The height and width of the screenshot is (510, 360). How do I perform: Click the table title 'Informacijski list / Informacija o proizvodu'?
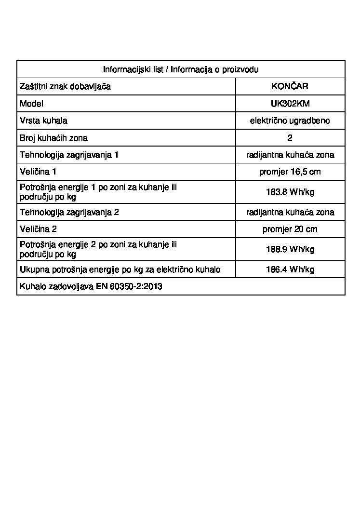pyautogui.click(x=181, y=69)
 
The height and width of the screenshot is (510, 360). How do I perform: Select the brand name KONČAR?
pyautogui.click(x=290, y=87)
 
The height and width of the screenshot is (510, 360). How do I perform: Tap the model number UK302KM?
pyautogui.click(x=290, y=104)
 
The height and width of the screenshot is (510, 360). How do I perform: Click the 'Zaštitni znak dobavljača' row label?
pyautogui.click(x=65, y=87)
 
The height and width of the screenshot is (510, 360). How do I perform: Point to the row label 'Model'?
pyautogui.click(x=31, y=104)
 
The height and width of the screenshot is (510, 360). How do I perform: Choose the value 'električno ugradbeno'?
pyautogui.click(x=290, y=121)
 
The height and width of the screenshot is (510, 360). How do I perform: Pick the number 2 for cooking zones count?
pyautogui.click(x=290, y=138)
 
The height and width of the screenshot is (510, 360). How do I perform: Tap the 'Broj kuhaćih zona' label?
pyautogui.click(x=53, y=138)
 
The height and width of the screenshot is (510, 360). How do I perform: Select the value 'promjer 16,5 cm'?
pyautogui.click(x=290, y=172)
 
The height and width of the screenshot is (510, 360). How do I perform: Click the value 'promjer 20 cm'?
pyautogui.click(x=290, y=229)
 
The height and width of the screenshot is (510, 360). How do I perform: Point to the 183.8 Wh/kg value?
pyautogui.click(x=290, y=192)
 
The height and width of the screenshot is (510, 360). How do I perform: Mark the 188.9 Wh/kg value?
pyautogui.click(x=290, y=249)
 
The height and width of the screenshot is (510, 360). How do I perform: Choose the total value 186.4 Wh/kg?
pyautogui.click(x=290, y=269)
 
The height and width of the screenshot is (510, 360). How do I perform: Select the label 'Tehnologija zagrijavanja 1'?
pyautogui.click(x=69, y=155)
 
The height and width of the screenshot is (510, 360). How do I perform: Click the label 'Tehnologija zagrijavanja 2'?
pyautogui.click(x=69, y=212)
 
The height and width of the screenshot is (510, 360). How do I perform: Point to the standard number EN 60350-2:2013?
pyautogui.click(x=129, y=286)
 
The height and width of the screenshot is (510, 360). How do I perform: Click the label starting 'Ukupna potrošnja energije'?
pyautogui.click(x=120, y=269)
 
